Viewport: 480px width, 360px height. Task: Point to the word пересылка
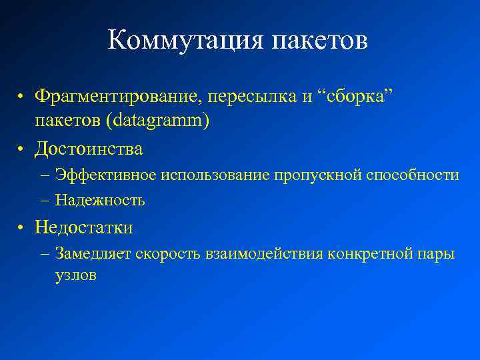point(252,96)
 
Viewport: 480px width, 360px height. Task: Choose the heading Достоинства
point(89,148)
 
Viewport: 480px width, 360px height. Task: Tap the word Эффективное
point(106,175)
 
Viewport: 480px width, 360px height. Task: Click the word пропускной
point(317,175)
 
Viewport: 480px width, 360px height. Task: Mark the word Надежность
point(100,200)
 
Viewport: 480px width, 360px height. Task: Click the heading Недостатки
point(84,227)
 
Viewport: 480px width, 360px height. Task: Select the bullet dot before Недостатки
point(21,228)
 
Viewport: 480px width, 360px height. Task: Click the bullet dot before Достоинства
point(21,149)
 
